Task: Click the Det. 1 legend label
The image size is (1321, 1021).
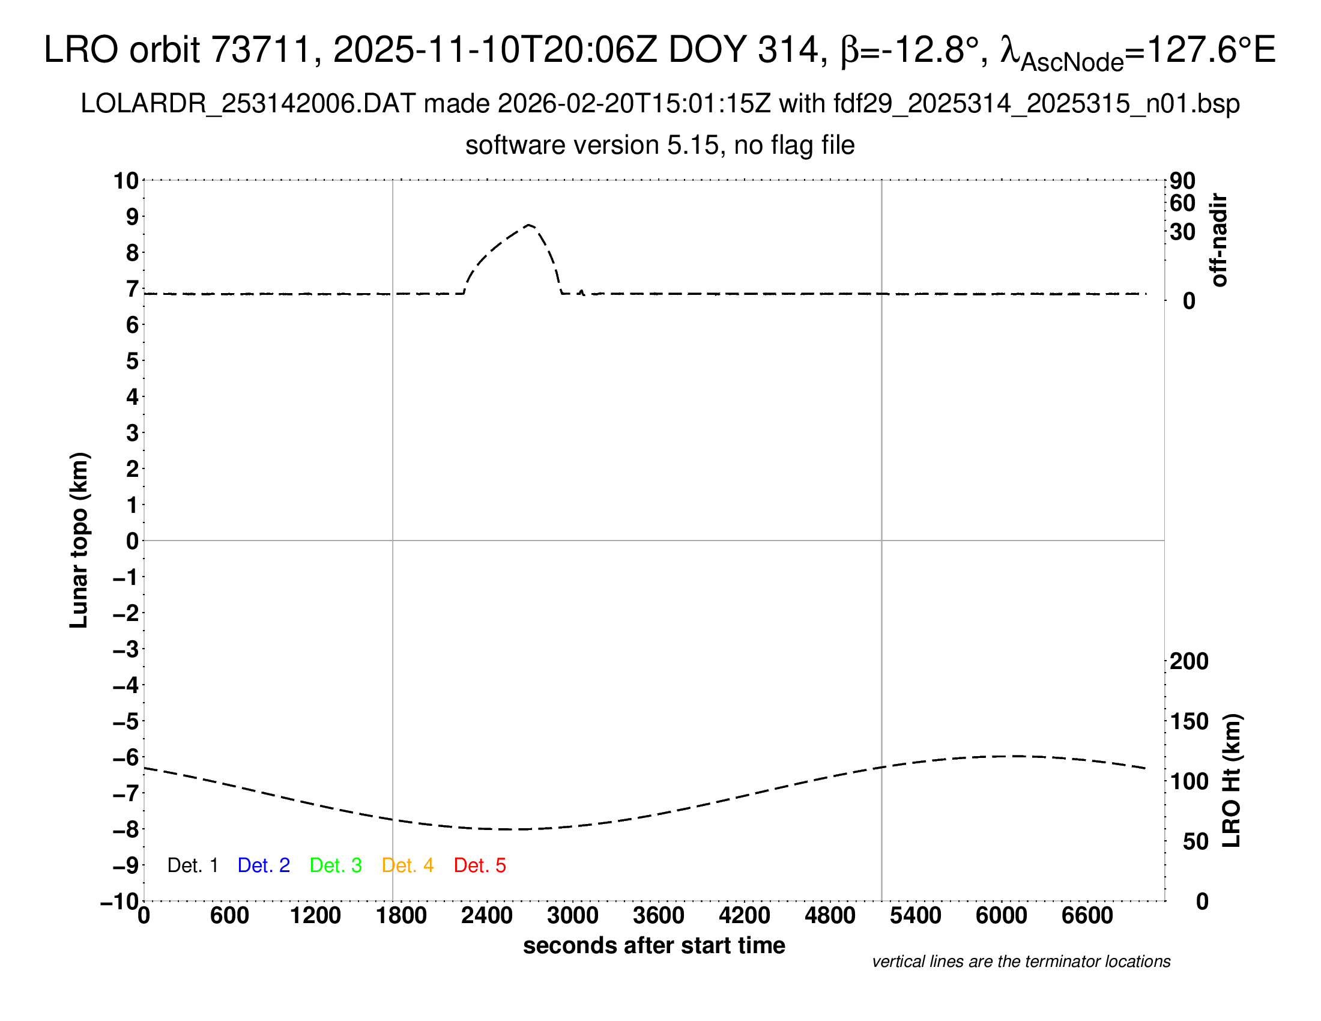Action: pos(192,865)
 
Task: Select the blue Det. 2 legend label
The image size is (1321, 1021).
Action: pos(264,865)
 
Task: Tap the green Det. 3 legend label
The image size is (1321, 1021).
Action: pos(336,865)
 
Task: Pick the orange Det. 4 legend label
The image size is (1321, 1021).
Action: pos(408,865)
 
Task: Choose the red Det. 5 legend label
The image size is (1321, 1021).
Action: pos(480,865)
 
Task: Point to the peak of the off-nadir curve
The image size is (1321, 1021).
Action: pos(529,225)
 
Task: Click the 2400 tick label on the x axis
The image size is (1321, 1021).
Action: pos(486,916)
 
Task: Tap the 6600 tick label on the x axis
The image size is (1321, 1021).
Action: pos(1087,916)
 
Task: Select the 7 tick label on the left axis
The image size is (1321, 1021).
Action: pos(133,289)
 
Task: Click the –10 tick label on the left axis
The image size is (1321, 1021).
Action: pos(119,901)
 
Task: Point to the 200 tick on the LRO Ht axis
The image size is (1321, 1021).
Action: pos(1189,661)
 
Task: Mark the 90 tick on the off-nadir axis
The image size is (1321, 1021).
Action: pos(1182,181)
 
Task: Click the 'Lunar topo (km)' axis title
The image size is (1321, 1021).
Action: pos(79,540)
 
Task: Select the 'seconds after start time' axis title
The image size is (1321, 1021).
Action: pos(654,945)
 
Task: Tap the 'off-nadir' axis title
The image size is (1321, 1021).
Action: pos(1219,240)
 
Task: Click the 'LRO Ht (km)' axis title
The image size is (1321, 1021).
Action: pos(1231,781)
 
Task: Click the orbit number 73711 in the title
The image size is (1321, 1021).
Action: pos(260,50)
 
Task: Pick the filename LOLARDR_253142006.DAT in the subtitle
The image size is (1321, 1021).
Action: pos(247,104)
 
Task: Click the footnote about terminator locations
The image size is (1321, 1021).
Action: pos(1021,962)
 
